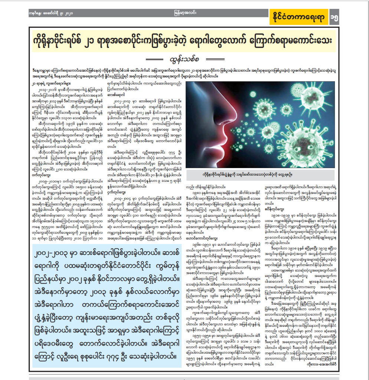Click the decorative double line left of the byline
[x=156, y=59]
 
